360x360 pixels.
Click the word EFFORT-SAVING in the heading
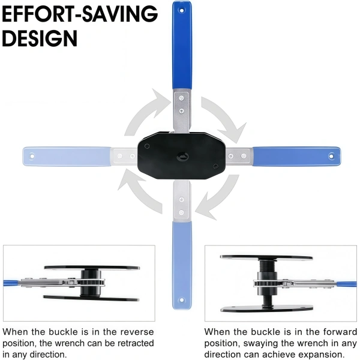click(80, 14)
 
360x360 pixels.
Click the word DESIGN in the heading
click(40, 38)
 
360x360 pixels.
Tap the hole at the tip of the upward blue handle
click(182, 10)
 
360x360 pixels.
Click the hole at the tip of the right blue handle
click(331, 156)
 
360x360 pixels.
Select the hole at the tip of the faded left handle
click(32, 156)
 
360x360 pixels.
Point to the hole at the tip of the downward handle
click(182, 300)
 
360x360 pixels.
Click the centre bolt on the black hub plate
click(183, 157)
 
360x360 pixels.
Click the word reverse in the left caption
click(137, 332)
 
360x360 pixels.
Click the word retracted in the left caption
click(136, 343)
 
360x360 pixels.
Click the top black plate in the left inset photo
click(92, 268)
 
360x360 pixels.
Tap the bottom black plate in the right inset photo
click(267, 308)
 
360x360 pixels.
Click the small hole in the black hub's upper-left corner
click(147, 146)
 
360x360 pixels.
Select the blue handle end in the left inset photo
click(11, 283)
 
